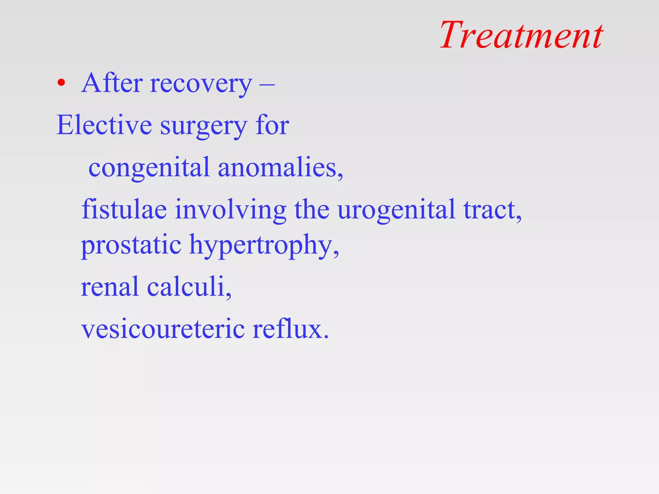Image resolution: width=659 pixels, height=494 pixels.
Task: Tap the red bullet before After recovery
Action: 61,83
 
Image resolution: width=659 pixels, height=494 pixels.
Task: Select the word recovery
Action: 201,84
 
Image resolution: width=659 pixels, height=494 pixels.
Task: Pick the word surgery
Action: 204,127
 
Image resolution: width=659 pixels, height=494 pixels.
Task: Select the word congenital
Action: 149,168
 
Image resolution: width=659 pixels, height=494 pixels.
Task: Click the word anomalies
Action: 280,168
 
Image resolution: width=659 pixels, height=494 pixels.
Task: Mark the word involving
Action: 230,210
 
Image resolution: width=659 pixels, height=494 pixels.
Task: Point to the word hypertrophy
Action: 264,246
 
